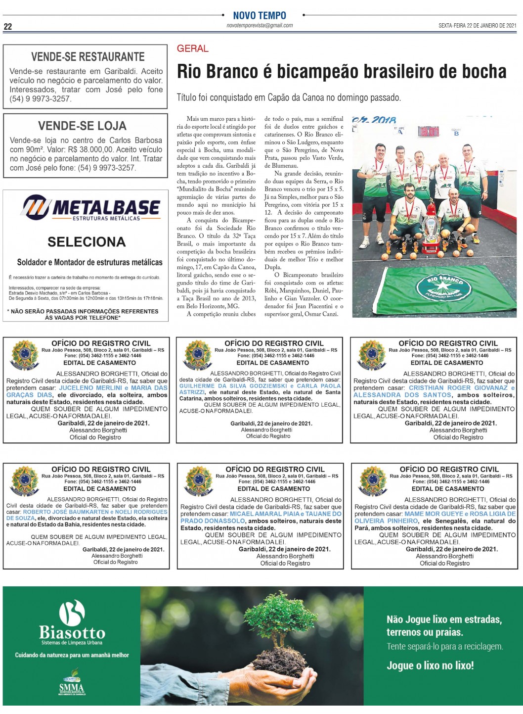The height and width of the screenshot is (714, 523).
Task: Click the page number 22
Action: click(8, 27)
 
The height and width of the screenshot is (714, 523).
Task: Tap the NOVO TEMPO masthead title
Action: click(260, 15)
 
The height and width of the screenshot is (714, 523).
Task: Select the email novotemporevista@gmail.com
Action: click(260, 26)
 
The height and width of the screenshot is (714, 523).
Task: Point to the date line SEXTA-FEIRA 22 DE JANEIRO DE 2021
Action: click(477, 26)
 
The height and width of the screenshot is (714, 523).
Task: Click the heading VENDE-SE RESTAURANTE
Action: click(87, 57)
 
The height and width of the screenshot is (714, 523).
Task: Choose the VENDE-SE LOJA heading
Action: click(82, 126)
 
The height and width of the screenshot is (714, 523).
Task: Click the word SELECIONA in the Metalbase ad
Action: click(87, 242)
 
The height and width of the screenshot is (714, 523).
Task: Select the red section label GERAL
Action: click(193, 48)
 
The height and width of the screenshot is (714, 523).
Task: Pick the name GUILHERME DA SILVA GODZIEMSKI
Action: click(233, 386)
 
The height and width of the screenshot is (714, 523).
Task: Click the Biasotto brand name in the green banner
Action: click(72, 632)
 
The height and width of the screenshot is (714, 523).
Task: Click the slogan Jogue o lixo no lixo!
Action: click(430, 666)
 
